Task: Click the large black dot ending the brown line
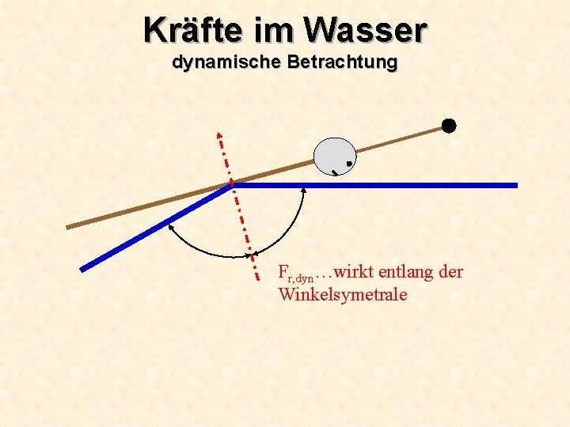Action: point(449,125)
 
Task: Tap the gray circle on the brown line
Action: point(335,157)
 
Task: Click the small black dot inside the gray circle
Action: point(348,164)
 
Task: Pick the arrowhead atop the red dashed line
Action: point(219,135)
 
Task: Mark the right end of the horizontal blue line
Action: point(515,185)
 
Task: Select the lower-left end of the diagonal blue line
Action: point(82,269)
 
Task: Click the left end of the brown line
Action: point(68,227)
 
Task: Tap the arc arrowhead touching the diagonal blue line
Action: point(170,224)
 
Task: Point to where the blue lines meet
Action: point(232,185)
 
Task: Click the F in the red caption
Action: point(283,272)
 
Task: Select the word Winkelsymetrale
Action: point(343,295)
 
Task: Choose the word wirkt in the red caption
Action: point(355,272)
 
